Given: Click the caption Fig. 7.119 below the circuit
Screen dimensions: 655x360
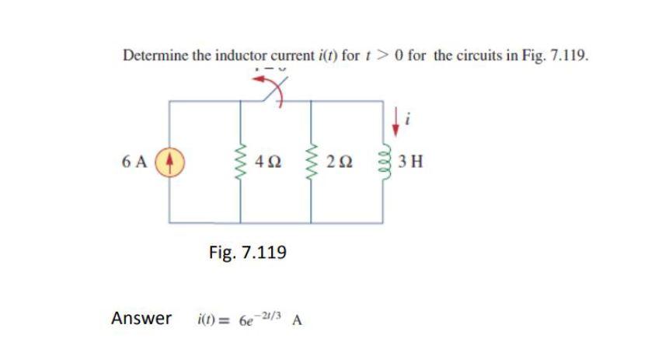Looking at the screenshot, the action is point(248,252).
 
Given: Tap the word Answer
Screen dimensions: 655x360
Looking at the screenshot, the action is point(141,318).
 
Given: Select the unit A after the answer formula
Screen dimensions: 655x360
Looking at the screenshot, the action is point(298,320).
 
